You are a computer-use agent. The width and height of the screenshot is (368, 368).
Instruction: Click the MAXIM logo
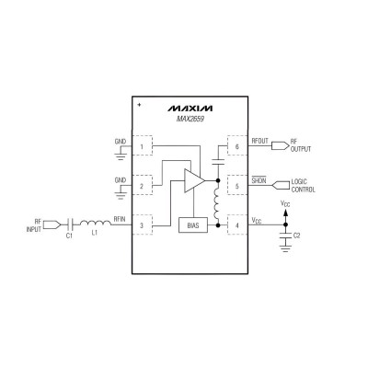pyautogui.click(x=190, y=109)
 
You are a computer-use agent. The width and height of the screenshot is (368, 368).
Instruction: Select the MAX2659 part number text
pyautogui.click(x=190, y=119)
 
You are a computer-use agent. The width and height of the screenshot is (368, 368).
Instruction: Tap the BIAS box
pyautogui.click(x=193, y=225)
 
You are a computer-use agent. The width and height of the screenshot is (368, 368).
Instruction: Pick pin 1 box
pyautogui.click(x=142, y=145)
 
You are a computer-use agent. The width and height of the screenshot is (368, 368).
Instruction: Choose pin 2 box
pyautogui.click(x=142, y=186)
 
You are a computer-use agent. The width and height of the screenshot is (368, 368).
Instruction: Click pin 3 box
pyautogui.click(x=142, y=225)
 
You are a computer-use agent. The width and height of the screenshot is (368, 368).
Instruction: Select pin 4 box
pyautogui.click(x=237, y=225)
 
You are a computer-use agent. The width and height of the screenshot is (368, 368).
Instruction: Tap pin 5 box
pyautogui.click(x=237, y=186)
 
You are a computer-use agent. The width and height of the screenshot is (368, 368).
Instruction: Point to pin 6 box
pyautogui.click(x=237, y=145)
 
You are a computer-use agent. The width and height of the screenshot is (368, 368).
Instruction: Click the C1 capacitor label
pyautogui.click(x=69, y=236)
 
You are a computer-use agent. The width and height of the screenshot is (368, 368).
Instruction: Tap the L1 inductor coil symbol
pyautogui.click(x=96, y=223)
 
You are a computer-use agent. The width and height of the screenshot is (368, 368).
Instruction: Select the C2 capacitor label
pyautogui.click(x=296, y=236)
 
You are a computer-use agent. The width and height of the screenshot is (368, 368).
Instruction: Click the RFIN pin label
pyautogui.click(x=120, y=219)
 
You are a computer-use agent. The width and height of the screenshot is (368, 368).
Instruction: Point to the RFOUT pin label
pyautogui.click(x=259, y=141)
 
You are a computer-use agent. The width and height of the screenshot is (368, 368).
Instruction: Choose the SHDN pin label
pyautogui.click(x=259, y=180)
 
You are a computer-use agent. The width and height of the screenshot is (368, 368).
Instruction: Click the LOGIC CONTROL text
pyautogui.click(x=303, y=186)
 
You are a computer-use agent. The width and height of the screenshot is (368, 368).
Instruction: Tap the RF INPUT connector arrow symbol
pyautogui.click(x=52, y=225)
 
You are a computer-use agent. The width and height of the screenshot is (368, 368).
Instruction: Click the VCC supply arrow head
pyautogui.click(x=285, y=213)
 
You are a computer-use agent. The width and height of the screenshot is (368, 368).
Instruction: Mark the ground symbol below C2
pyautogui.click(x=285, y=247)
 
